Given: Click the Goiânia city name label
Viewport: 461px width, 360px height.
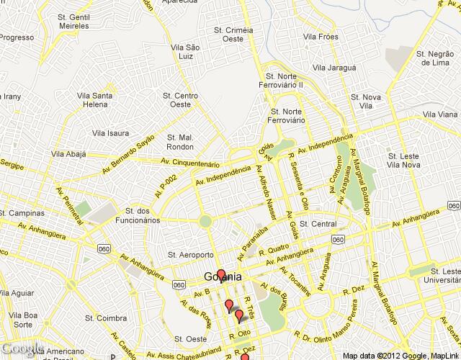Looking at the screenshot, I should click(x=223, y=277).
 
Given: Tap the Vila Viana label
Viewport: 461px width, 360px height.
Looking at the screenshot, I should click(x=439, y=114).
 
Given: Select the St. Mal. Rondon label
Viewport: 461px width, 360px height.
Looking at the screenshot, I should click(x=180, y=142).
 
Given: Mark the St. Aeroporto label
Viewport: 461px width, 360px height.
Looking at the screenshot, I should click(x=189, y=254).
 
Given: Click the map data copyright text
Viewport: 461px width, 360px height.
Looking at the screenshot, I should click(x=400, y=355).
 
